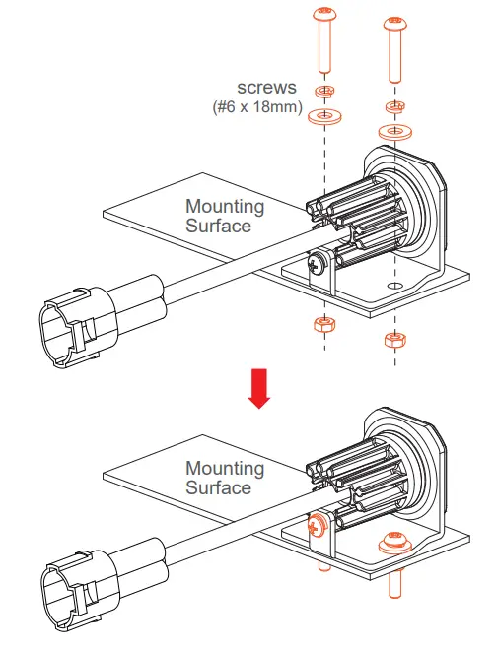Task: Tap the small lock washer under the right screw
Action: coord(394,106)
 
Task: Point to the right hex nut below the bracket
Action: coord(394,340)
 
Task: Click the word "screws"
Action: coord(265,87)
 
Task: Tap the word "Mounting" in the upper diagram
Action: coord(225,207)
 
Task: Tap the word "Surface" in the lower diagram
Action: coord(218,488)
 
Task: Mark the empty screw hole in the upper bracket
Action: coord(394,287)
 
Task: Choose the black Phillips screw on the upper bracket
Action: coord(317,265)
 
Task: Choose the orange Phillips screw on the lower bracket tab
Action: coord(318,527)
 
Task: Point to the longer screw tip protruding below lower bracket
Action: coord(395,585)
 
